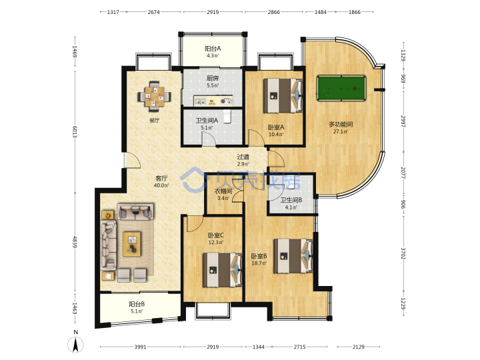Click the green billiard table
pos(341,88)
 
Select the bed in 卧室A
pos(283,95)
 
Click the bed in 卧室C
pos(222,270)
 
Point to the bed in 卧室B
pos(293,256)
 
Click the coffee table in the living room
pos(132,244)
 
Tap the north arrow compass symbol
pos(75,344)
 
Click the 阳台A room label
pos(213,49)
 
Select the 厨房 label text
pos(213,79)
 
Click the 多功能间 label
pos(341,124)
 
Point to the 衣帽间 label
pos(223,191)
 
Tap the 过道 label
pos(243,157)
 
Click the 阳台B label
pos(137,304)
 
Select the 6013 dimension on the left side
pos(75,131)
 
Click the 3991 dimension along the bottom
pos(140,347)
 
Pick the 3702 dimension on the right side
pos(403,253)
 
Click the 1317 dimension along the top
pos(113,12)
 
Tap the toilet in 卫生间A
pos(227,116)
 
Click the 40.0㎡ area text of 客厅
pos(161,185)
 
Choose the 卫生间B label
pos(291,200)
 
